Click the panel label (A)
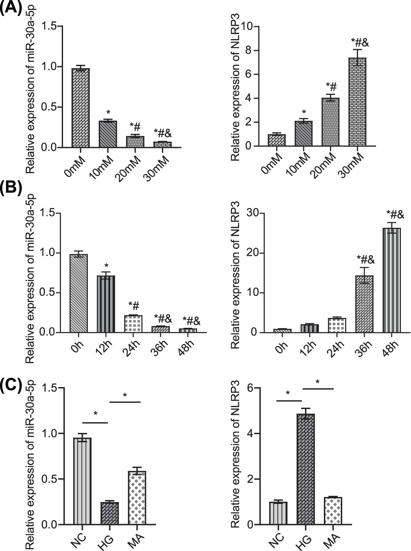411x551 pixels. click(11, 8)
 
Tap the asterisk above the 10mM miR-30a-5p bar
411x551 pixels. click(108, 113)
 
